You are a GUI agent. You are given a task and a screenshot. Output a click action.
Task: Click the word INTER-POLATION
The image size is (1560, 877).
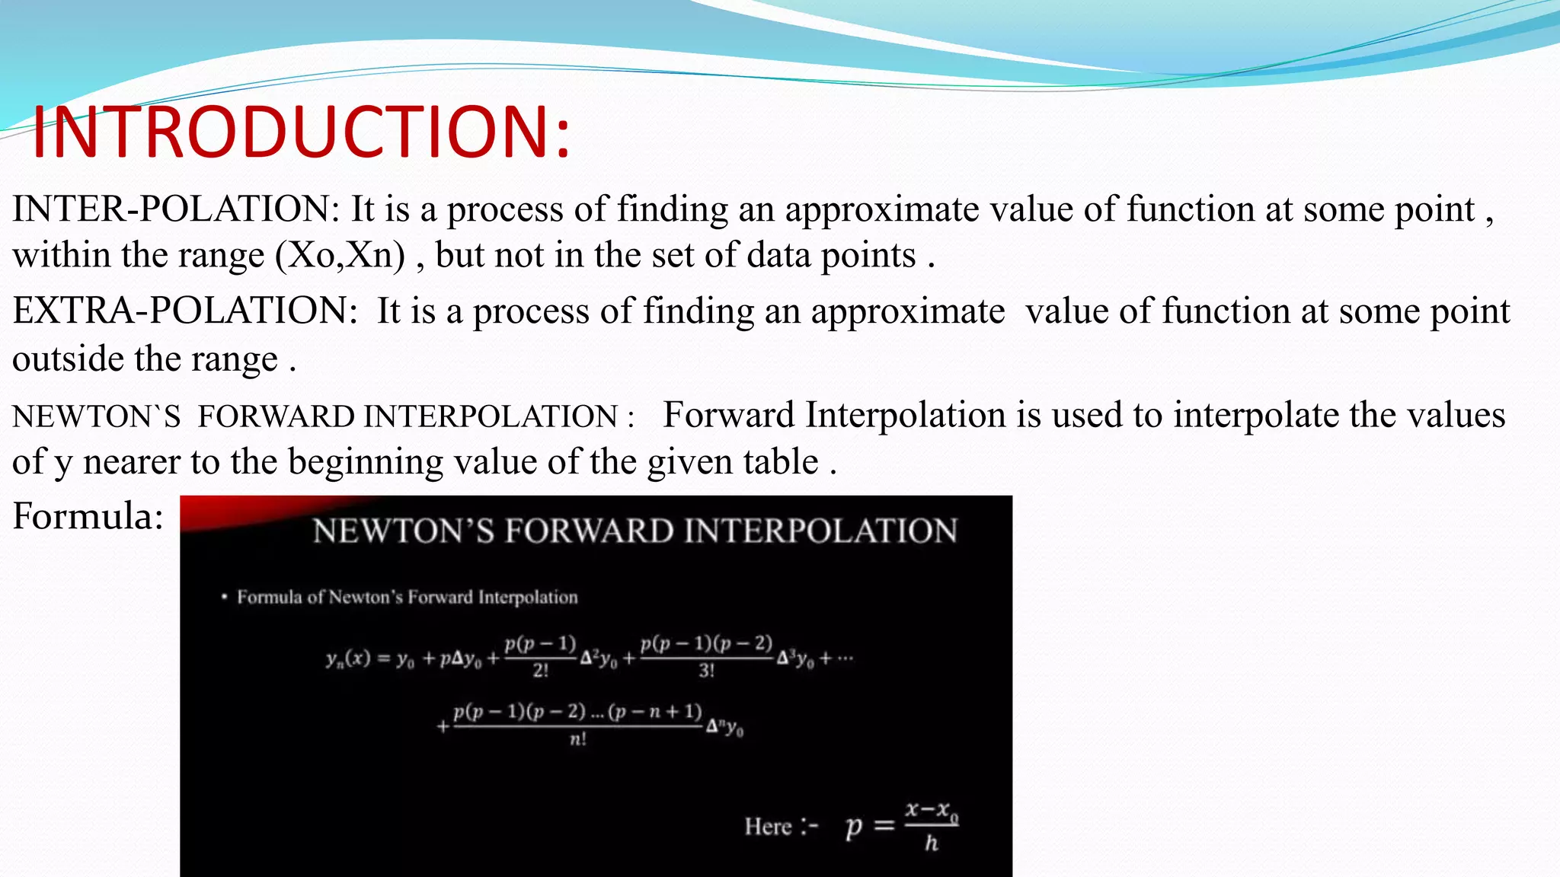[x=174, y=209]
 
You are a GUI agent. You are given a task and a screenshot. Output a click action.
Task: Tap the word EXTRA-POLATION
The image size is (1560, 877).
[x=184, y=311]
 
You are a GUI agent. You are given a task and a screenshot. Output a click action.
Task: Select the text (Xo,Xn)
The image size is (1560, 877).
[x=340, y=255]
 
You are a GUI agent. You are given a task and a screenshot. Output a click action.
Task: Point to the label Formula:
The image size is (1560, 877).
[x=88, y=516]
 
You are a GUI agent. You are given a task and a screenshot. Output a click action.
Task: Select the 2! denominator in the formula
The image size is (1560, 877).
[x=541, y=671]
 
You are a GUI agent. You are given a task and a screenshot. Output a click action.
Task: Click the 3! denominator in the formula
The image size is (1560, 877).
[x=707, y=671]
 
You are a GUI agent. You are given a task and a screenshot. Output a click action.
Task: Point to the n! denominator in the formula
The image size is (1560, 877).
[x=578, y=739]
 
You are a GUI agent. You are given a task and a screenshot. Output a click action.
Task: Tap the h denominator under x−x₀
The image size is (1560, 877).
[x=931, y=843]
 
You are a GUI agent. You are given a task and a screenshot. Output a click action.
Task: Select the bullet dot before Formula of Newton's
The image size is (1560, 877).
[x=224, y=597]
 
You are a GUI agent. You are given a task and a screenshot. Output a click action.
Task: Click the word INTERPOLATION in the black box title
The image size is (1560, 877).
[x=820, y=531]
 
